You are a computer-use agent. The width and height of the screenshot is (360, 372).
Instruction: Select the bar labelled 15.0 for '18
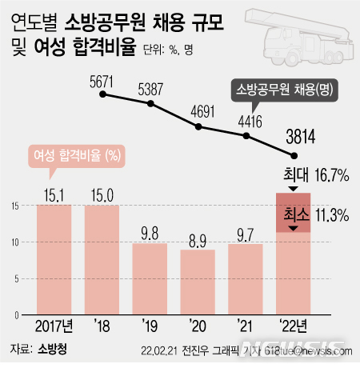[102, 258]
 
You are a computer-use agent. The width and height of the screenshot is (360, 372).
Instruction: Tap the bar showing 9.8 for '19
[150, 278]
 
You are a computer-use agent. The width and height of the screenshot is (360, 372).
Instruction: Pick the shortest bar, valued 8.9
[198, 281]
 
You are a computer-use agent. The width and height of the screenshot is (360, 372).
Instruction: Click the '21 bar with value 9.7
[246, 278]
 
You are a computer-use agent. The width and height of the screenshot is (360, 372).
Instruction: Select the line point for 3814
[295, 155]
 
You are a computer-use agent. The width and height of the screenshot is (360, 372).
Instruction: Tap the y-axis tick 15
[16, 206]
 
